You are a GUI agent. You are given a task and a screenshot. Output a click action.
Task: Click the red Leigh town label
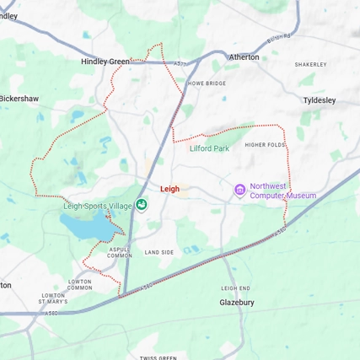pos(170,190)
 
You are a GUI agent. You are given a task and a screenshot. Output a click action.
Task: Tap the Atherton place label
pos(244,57)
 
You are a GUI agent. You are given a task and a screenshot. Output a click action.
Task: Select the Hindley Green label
pos(105,62)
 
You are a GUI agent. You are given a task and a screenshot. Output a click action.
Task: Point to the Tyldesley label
pos(319,100)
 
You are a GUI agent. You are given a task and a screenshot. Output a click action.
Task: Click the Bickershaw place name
pos(19,99)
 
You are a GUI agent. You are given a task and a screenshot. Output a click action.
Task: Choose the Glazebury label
pos(236,301)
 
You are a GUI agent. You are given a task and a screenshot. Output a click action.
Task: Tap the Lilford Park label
pos(209,148)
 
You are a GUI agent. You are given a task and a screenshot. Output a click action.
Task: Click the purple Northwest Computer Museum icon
pos(239,190)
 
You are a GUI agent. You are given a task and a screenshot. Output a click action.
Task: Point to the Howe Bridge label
pos(207,83)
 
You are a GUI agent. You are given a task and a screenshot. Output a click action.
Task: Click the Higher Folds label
pos(265,144)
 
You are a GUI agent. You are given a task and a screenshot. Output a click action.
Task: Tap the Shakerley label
pos(310,65)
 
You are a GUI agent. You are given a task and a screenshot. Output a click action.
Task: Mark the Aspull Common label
pos(121,252)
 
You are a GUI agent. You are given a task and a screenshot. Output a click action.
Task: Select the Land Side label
pos(159,252)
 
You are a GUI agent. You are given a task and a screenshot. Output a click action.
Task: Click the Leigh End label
pos(235,287)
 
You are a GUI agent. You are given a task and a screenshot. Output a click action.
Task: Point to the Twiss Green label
pos(159,357)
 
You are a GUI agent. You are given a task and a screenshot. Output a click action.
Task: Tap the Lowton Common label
pos(79,284)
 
